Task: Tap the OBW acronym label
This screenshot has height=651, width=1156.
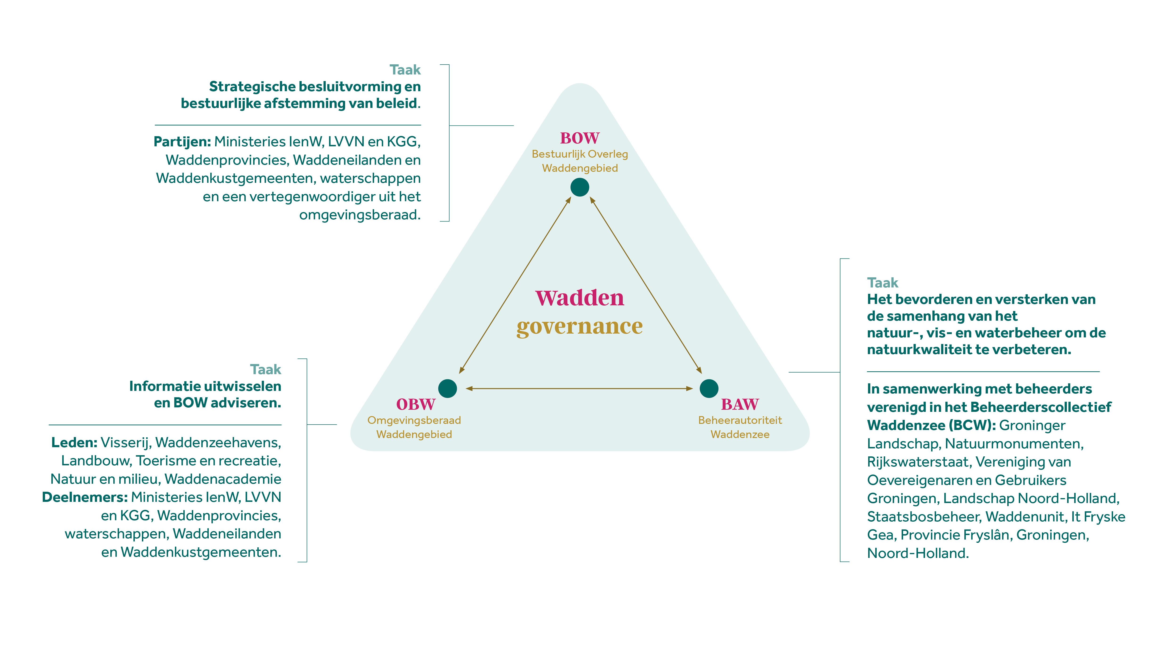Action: [416, 404]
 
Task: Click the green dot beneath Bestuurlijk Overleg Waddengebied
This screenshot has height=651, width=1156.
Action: [580, 187]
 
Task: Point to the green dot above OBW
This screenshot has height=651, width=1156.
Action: [447, 388]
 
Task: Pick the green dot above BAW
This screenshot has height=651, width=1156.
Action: [709, 388]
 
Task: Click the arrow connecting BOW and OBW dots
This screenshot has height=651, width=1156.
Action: [515, 285]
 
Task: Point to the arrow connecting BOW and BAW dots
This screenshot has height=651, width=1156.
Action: [645, 285]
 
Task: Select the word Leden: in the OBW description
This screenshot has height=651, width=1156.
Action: [74, 442]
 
